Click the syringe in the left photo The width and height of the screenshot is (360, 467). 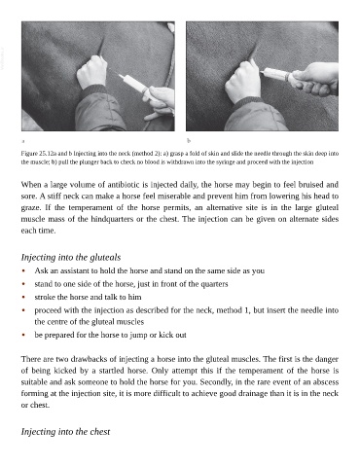point(134,86)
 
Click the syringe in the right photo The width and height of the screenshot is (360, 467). point(275,75)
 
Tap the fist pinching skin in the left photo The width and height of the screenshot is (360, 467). point(92,72)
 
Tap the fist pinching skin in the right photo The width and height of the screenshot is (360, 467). point(243,81)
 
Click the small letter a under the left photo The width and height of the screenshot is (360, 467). point(23,141)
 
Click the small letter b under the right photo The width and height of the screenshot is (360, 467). point(189,141)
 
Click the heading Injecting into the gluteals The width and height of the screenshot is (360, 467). point(71,257)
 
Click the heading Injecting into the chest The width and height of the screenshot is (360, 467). point(65,432)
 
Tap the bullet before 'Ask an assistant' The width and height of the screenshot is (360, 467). point(23,270)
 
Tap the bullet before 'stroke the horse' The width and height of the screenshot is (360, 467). point(23,297)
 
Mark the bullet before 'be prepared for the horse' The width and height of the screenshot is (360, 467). point(23,335)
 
